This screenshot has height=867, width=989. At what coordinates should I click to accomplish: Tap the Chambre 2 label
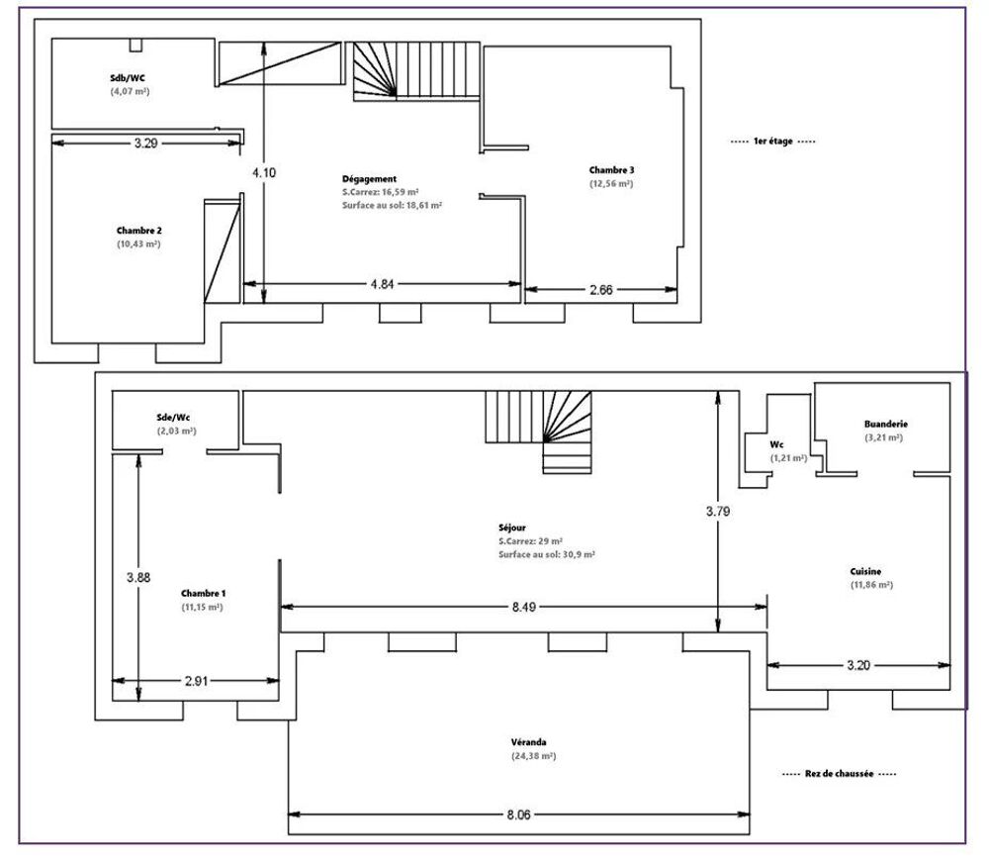pyautogui.click(x=138, y=231)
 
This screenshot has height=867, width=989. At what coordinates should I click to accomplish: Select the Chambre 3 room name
pyautogui.click(x=611, y=170)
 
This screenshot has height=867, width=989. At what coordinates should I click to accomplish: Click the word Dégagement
pyautogui.click(x=369, y=178)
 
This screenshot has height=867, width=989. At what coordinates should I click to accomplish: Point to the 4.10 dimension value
pyautogui.click(x=263, y=172)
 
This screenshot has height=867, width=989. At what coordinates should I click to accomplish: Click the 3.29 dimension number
pyautogui.click(x=145, y=143)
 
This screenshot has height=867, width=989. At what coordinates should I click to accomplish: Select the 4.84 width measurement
pyautogui.click(x=382, y=285)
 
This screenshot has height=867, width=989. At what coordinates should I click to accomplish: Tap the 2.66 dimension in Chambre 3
pyautogui.click(x=600, y=290)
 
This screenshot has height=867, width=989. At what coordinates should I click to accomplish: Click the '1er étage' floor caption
pyautogui.click(x=772, y=142)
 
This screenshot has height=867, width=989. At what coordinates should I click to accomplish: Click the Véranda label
pyautogui.click(x=529, y=741)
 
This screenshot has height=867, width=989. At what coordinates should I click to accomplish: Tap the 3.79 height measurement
pyautogui.click(x=719, y=512)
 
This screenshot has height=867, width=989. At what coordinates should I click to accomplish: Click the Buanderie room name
pyautogui.click(x=883, y=423)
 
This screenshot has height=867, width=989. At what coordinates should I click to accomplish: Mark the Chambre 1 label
pyautogui.click(x=203, y=593)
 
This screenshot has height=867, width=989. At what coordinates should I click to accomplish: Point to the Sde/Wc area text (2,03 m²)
pyautogui.click(x=176, y=432)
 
